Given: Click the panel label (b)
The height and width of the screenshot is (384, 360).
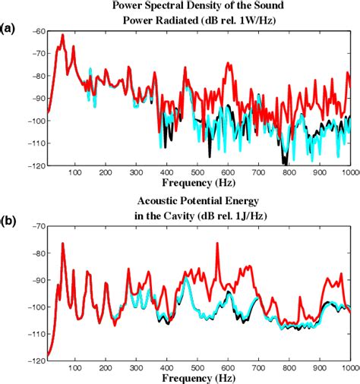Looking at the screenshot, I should point(9,223).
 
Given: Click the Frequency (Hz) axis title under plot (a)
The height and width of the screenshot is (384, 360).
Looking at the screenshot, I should point(197,183).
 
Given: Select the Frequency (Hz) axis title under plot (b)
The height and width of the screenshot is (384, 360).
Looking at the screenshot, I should point(197,377).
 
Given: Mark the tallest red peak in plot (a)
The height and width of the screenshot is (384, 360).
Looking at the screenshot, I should point(62,35).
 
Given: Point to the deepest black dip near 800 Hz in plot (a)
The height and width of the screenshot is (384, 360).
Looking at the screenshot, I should point(284,161).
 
